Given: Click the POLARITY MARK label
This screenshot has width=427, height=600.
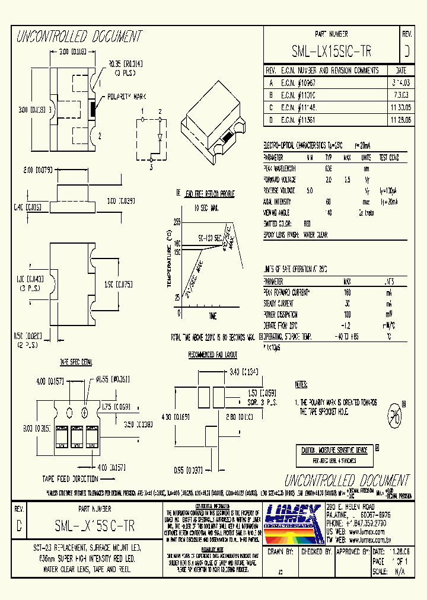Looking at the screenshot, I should [x=127, y=96].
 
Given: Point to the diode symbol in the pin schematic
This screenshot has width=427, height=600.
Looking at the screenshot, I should [x=160, y=138].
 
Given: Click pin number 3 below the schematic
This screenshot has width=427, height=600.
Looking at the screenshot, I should [x=151, y=168].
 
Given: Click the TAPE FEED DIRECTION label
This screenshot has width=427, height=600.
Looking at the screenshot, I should [x=70, y=478].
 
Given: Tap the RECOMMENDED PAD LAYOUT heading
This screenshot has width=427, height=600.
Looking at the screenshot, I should [x=212, y=355].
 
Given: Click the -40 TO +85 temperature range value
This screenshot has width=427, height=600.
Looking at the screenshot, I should [x=346, y=336].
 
